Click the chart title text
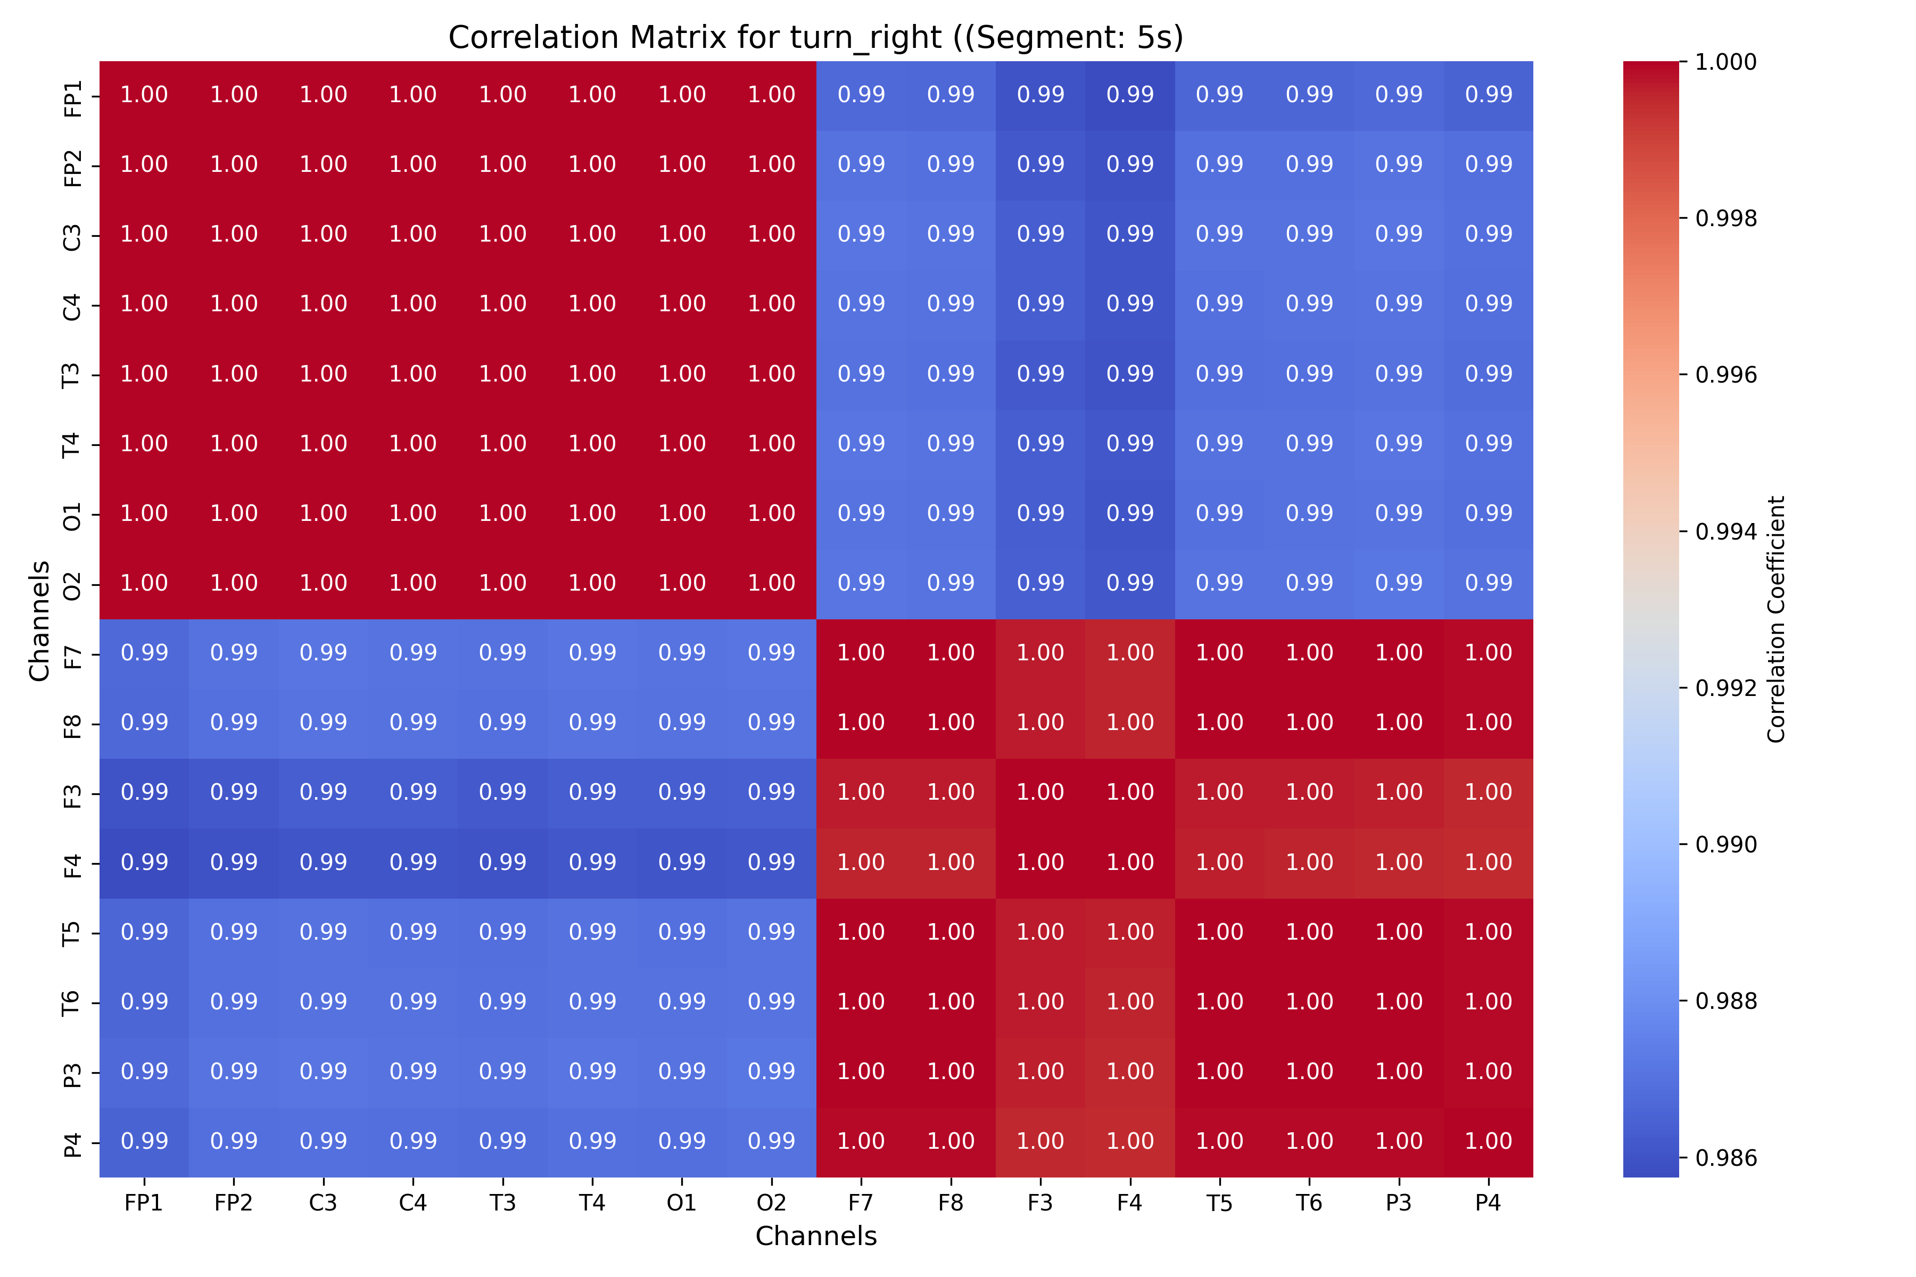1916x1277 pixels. click(x=815, y=37)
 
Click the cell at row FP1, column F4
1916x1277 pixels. click(x=1130, y=95)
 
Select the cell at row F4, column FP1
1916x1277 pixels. click(x=144, y=863)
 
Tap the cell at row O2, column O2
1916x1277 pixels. click(x=771, y=584)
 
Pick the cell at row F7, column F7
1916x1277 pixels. click(x=861, y=654)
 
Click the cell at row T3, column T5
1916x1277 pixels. click(x=1219, y=375)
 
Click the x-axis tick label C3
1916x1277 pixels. click(x=324, y=1204)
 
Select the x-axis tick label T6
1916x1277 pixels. click(x=1309, y=1204)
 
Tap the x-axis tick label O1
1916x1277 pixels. click(x=682, y=1204)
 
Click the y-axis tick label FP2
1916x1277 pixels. click(x=72, y=165)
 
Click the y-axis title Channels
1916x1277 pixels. click(x=39, y=620)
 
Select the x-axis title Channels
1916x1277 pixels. click(x=815, y=1236)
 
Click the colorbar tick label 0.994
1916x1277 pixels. click(x=1725, y=532)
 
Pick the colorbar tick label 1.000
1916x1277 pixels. click(x=1725, y=62)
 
